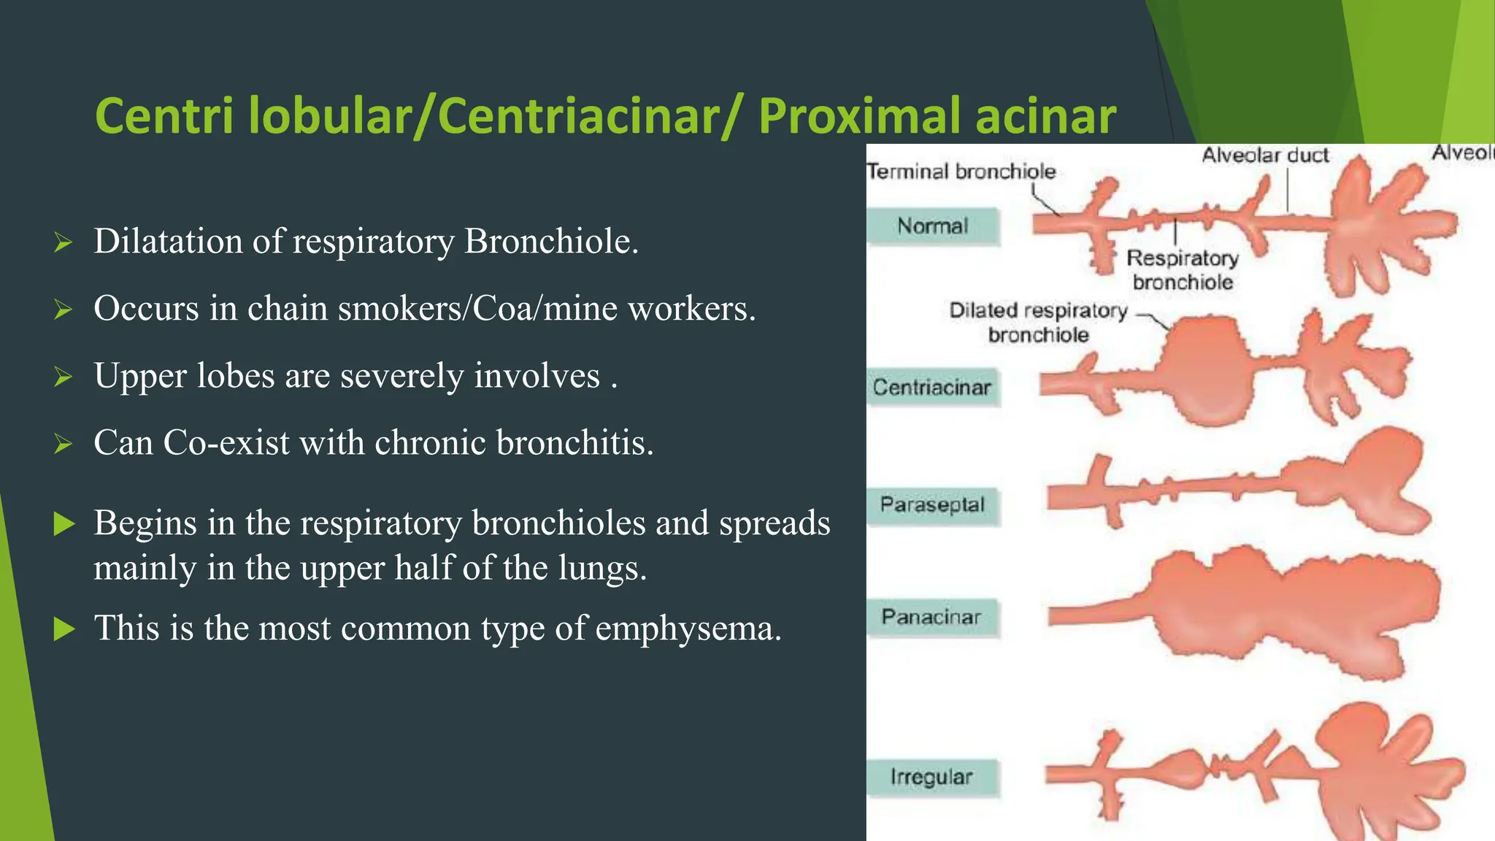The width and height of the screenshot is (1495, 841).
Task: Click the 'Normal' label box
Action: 932,226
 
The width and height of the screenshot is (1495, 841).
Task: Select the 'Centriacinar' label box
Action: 932,387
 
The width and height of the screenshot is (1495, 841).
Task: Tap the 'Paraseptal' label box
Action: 932,504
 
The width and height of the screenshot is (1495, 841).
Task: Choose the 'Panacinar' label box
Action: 931,617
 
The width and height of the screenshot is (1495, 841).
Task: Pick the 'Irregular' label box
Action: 931,777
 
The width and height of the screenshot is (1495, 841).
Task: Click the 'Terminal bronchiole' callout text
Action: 961,172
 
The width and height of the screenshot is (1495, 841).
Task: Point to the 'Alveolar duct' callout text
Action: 1265,155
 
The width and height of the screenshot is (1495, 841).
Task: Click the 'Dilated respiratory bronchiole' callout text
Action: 1038,322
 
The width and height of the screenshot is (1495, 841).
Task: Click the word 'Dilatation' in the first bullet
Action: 168,242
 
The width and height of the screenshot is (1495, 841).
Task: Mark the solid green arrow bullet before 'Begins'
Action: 64,523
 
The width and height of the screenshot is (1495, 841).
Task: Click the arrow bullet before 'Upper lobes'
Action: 64,377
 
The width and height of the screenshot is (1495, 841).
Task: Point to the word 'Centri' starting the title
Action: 165,116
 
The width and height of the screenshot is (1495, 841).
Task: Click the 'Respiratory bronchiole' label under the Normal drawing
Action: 1183,269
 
